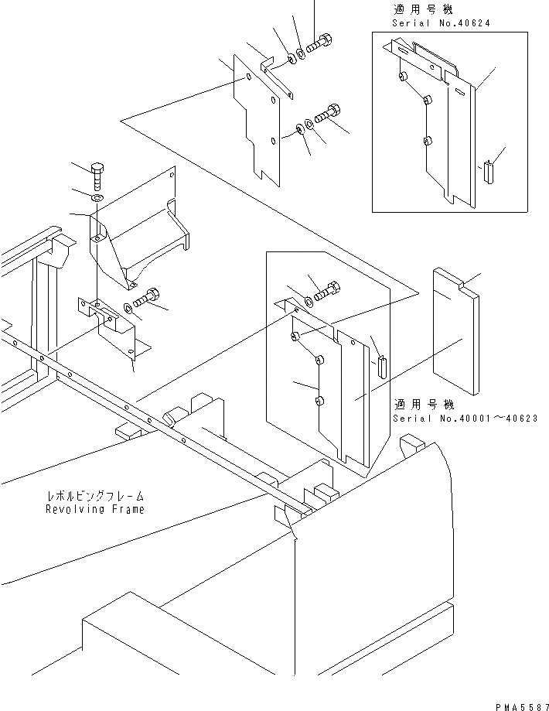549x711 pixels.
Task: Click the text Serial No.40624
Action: (435, 23)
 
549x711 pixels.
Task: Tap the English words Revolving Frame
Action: (94, 510)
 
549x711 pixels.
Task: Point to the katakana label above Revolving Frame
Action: (94, 496)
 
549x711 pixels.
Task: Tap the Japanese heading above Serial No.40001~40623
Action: (422, 405)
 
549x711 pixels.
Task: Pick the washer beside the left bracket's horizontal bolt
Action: (128, 308)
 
